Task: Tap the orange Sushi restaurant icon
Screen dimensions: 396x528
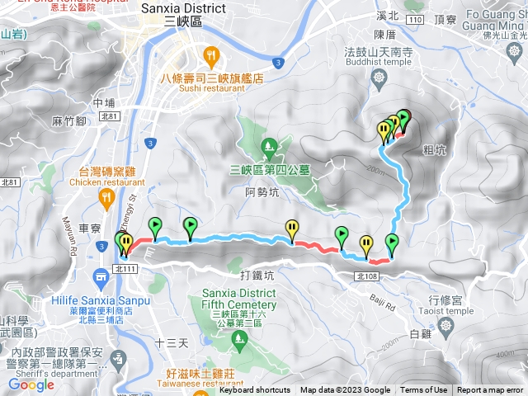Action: point(212,56)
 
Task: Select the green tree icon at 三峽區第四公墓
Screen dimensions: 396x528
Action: point(268,148)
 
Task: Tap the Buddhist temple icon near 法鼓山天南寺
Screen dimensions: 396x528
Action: point(379,78)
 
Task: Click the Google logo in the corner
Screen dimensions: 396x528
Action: point(31,384)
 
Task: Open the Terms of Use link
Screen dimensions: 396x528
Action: point(424,390)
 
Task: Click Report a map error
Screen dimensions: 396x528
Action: point(492,390)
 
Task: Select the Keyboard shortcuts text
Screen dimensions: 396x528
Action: point(255,390)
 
